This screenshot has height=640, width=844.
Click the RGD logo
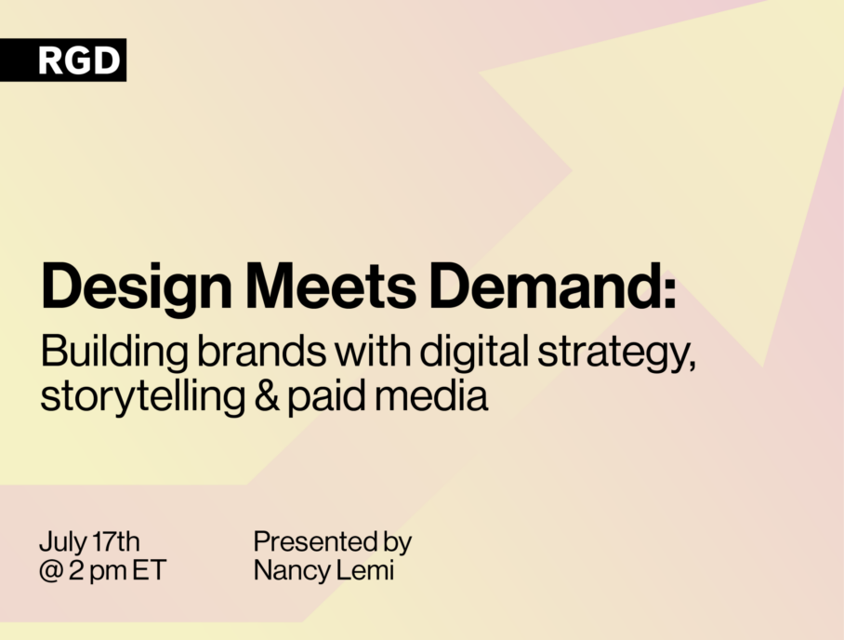(63, 60)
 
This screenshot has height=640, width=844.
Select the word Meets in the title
(331, 286)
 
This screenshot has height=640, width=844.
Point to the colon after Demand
(669, 293)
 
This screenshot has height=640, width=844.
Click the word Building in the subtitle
(114, 353)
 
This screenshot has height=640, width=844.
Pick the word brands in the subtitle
(261, 351)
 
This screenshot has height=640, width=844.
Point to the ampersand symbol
(267, 396)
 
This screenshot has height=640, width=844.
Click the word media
(431, 396)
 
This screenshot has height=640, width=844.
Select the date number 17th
(116, 541)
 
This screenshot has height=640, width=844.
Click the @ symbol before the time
(50, 571)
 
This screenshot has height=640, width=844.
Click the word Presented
(315, 541)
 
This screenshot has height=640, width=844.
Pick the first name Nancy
(292, 571)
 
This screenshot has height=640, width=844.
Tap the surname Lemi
(365, 570)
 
